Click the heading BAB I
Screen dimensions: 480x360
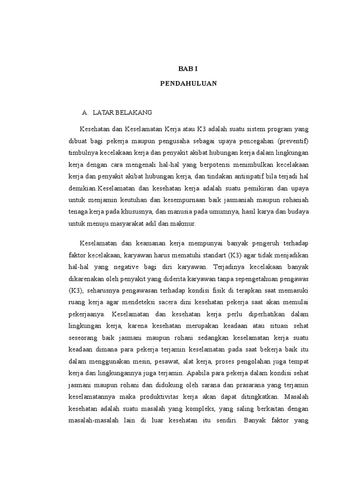(x=188, y=68)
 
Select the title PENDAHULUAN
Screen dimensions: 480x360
(x=188, y=84)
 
